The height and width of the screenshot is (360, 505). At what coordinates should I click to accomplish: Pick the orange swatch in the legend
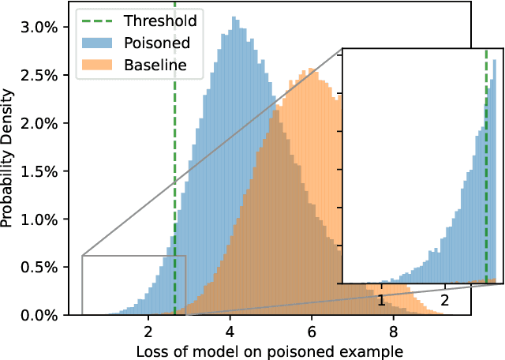click(x=99, y=65)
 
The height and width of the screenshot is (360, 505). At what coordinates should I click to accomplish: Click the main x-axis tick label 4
click(x=230, y=331)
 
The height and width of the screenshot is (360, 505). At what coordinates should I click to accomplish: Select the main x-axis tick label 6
click(x=311, y=331)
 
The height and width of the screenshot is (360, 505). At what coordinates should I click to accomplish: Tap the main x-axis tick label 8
click(x=393, y=331)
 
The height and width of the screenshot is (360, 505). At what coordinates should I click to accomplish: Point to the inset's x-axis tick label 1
click(x=381, y=300)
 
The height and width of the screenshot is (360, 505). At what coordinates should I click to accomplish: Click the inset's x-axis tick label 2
click(x=445, y=300)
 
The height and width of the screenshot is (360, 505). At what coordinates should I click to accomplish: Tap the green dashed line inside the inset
click(x=485, y=158)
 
